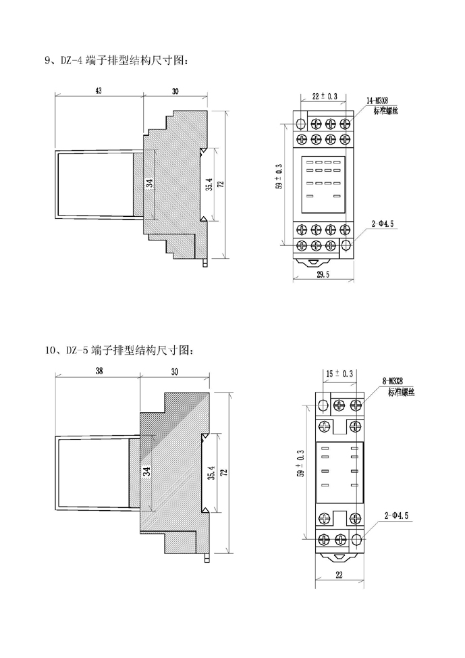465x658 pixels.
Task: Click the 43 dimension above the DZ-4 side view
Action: (98, 91)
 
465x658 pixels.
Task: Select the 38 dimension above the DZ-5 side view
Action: (99, 371)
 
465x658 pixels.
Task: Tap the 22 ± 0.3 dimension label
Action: (325, 97)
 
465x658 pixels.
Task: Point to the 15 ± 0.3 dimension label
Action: (340, 374)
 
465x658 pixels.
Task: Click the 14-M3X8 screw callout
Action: (377, 101)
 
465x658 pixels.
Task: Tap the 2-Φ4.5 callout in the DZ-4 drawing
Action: (383, 222)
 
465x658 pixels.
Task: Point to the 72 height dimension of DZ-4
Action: (220, 184)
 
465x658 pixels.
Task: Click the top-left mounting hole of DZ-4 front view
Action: (302, 123)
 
